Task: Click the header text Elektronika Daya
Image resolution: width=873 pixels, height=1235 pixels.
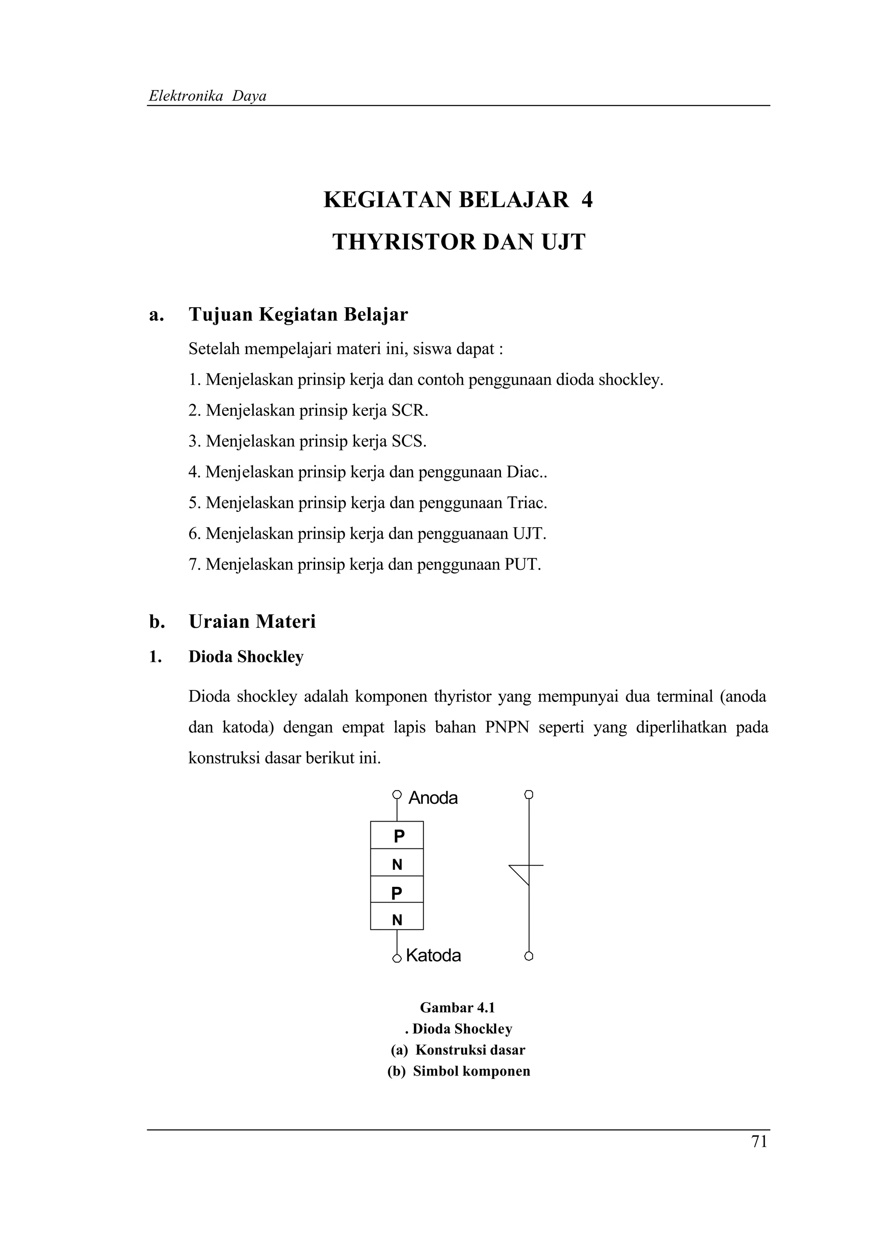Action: click(208, 96)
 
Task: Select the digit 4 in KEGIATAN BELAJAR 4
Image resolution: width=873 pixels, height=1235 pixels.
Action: click(587, 200)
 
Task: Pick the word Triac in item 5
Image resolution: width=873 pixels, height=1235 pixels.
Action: click(526, 503)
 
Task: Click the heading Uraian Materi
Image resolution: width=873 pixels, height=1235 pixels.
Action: click(252, 621)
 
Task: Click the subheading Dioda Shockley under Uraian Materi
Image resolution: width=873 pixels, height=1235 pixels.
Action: click(246, 657)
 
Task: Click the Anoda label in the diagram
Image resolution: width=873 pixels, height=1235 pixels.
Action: click(433, 798)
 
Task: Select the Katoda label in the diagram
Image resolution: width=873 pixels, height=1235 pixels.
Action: click(434, 955)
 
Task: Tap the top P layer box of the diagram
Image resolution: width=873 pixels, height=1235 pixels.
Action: click(397, 836)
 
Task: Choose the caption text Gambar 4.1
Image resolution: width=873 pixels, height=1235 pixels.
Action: click(457, 1007)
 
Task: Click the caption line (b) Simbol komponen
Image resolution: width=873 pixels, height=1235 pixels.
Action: click(458, 1071)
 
